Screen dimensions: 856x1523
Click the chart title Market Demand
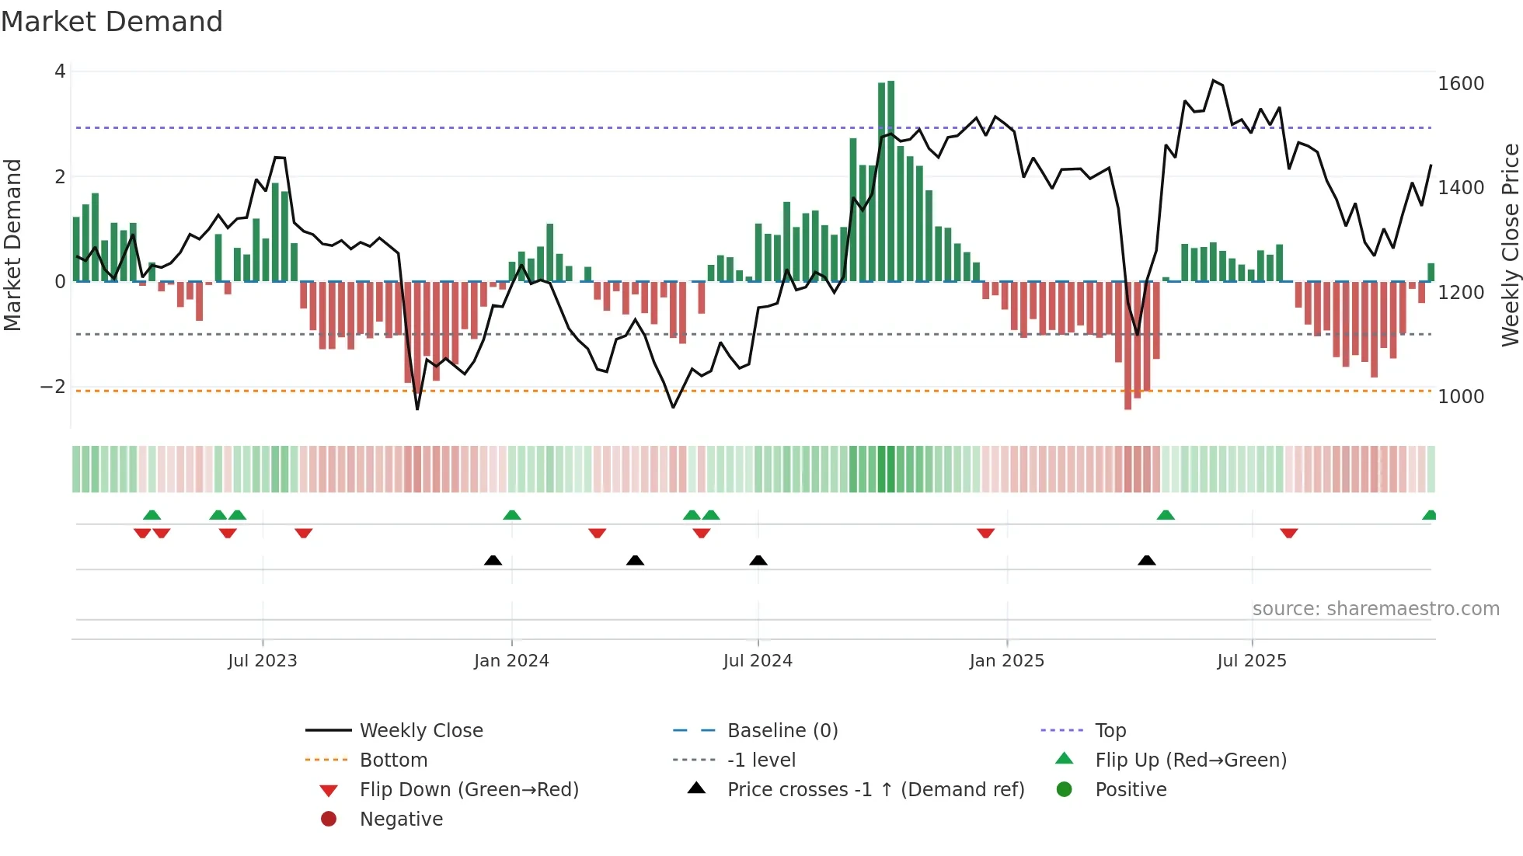(112, 22)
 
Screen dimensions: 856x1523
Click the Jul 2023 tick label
(263, 661)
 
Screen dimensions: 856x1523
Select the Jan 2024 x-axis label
(511, 661)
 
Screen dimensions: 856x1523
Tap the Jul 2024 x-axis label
(758, 661)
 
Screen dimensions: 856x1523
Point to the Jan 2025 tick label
(1007, 661)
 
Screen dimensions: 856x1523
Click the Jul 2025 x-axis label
(1252, 661)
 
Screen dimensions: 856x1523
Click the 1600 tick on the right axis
(1461, 84)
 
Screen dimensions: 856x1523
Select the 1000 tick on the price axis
(1461, 397)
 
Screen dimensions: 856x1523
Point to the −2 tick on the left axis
(53, 387)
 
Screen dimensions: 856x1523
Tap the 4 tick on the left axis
(60, 71)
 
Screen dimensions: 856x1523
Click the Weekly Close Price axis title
(1510, 245)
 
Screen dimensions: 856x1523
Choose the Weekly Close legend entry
(420, 731)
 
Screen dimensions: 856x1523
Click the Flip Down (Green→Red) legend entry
(469, 790)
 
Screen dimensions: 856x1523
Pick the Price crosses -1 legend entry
(876, 790)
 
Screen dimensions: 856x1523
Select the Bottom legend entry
(393, 760)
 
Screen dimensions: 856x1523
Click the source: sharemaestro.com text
(1375, 609)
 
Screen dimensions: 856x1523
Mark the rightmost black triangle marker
(1147, 560)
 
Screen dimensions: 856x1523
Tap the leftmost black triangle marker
(493, 560)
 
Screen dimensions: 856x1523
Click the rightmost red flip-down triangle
(1289, 533)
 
